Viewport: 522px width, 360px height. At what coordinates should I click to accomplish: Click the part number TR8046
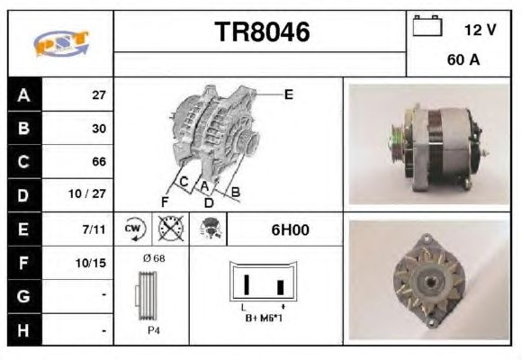(x=262, y=31)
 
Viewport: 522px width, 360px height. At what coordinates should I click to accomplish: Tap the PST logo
(x=61, y=43)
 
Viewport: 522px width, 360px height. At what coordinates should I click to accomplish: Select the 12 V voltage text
(x=480, y=30)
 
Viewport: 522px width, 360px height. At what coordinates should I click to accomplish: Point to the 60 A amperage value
(x=463, y=59)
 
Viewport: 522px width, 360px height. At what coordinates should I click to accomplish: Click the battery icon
(x=427, y=25)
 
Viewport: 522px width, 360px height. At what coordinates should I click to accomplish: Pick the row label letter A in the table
(x=23, y=95)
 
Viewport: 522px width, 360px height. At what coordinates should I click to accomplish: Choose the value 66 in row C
(x=99, y=161)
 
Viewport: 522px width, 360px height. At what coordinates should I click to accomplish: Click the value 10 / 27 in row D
(x=87, y=193)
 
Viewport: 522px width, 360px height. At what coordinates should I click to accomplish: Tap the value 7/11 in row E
(x=94, y=229)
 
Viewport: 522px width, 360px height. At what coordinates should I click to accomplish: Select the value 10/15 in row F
(x=91, y=263)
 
